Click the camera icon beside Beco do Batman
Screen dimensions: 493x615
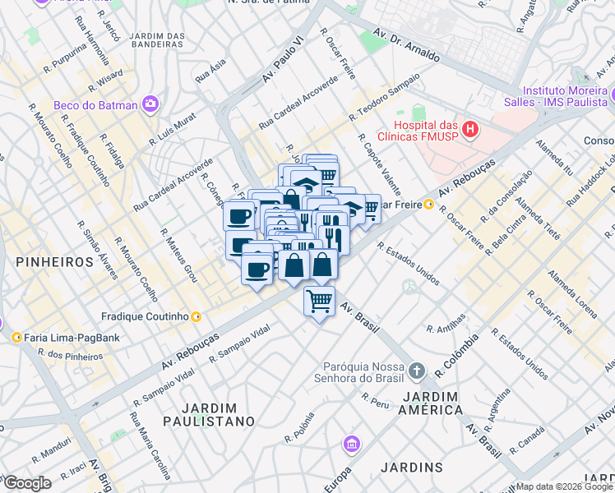tap(150, 104)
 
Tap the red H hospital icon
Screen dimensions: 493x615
tap(469, 128)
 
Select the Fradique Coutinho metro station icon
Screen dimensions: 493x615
tap(196, 316)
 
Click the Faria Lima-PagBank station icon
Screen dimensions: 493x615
tap(16, 337)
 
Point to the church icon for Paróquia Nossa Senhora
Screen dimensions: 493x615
tap(416, 371)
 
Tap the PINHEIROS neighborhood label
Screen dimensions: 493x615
tap(53, 261)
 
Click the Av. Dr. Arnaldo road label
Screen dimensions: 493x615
tap(406, 46)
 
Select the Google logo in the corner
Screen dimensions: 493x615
tap(26, 483)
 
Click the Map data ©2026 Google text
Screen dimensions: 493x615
tap(564, 486)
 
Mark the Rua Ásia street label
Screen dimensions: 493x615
tap(210, 72)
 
